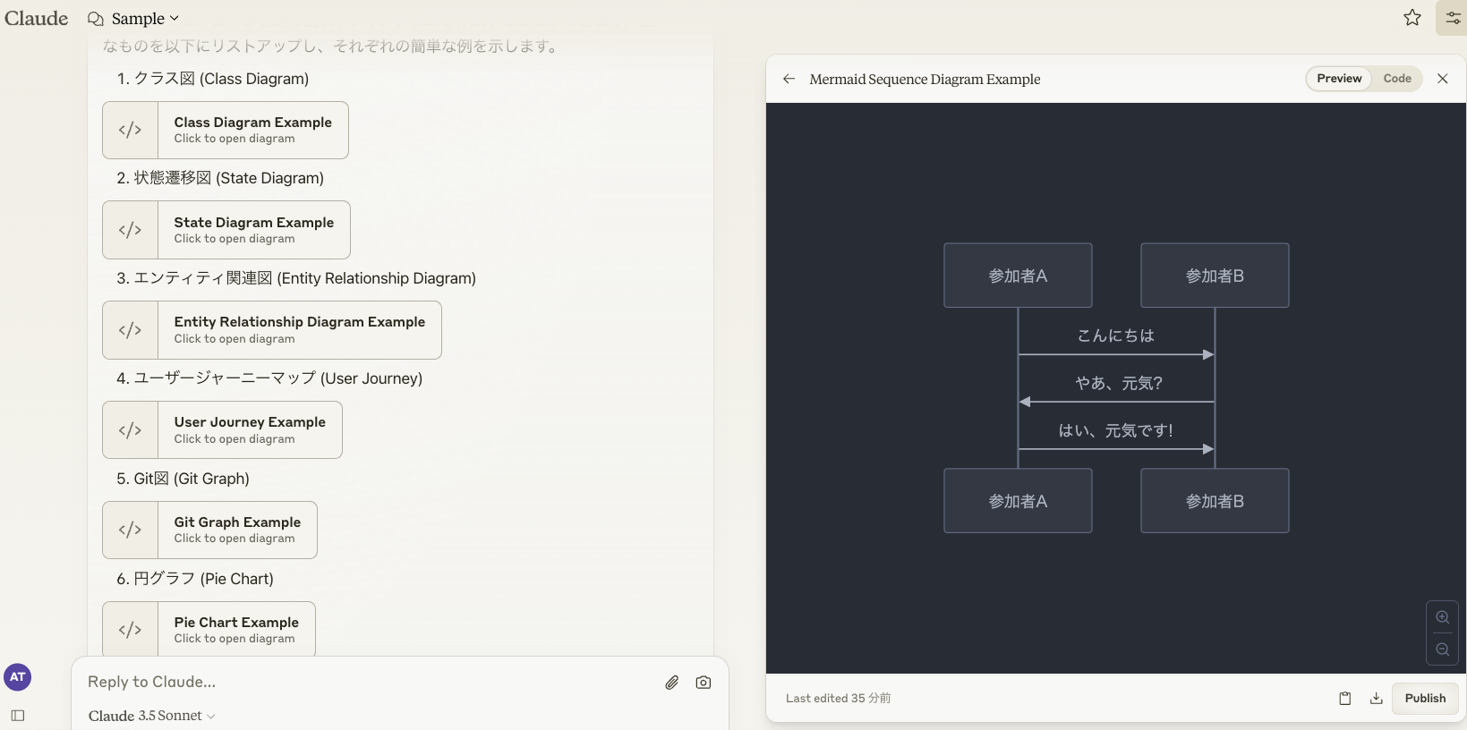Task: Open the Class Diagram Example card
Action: (x=226, y=130)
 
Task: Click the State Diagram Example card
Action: (x=226, y=230)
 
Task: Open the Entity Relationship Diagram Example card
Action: (x=272, y=330)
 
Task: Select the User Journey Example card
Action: (x=222, y=429)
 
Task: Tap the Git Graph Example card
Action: (x=209, y=530)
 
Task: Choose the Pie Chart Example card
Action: (x=209, y=629)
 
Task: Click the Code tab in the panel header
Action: (x=1397, y=79)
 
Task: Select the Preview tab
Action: (x=1339, y=79)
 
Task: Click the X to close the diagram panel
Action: (x=1443, y=79)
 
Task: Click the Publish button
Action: (x=1425, y=698)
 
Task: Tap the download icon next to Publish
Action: (x=1377, y=699)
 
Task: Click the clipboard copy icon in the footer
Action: (x=1345, y=699)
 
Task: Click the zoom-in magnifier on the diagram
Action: (x=1443, y=617)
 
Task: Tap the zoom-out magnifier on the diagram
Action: (x=1443, y=649)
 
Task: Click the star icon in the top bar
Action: (x=1412, y=18)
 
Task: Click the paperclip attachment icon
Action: (x=672, y=683)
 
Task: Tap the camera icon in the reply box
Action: (x=704, y=683)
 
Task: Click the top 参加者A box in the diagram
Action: (x=1018, y=276)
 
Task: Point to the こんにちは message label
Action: (x=1116, y=335)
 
